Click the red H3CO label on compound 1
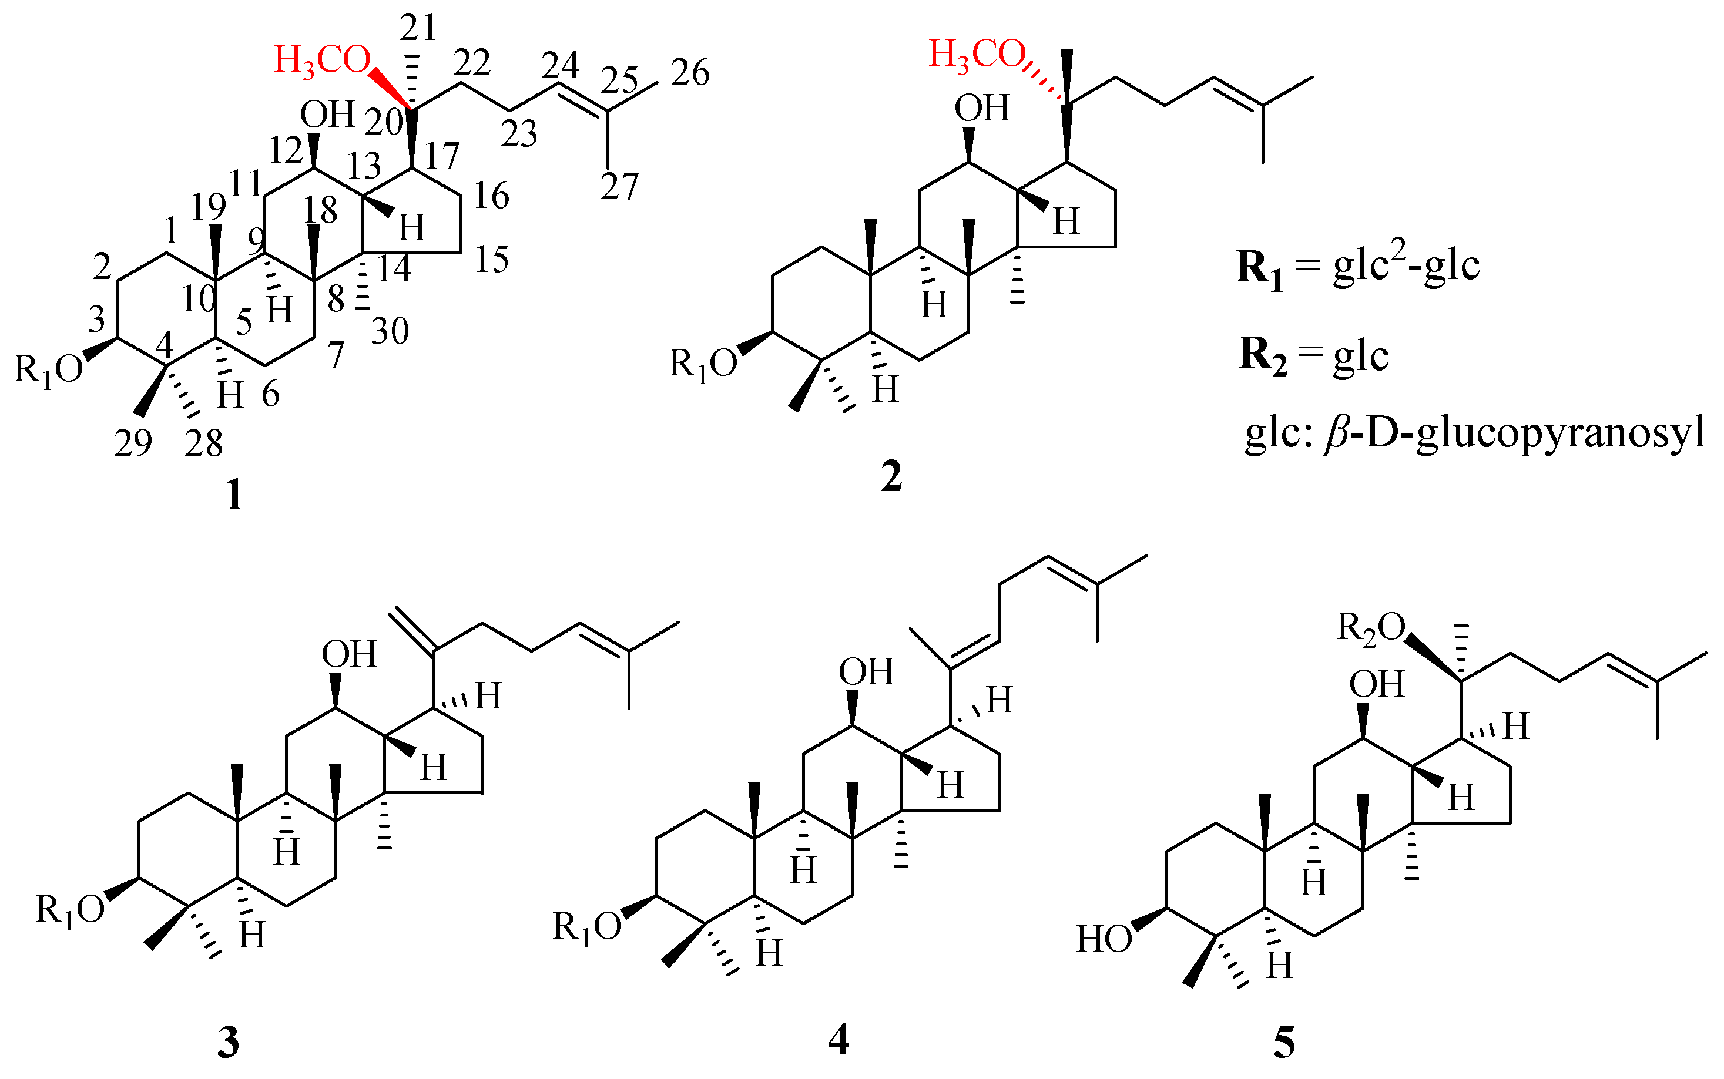[323, 60]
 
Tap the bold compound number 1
[233, 495]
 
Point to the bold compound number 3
[228, 1043]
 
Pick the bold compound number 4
[839, 1038]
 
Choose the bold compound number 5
[1283, 1043]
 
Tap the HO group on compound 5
[1104, 939]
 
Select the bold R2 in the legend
[1263, 357]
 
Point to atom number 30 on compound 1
[390, 331]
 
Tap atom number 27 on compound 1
[619, 187]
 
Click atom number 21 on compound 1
[418, 28]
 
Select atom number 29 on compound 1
[133, 443]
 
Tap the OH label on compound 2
[982, 107]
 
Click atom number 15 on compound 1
[492, 260]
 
